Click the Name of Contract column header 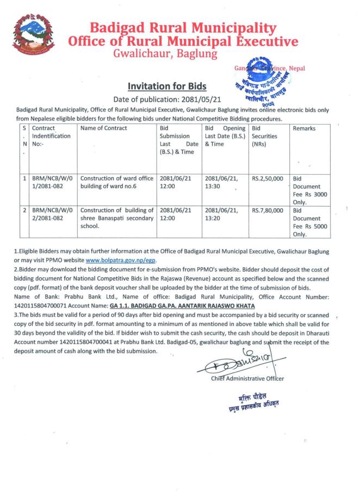click(104, 128)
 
